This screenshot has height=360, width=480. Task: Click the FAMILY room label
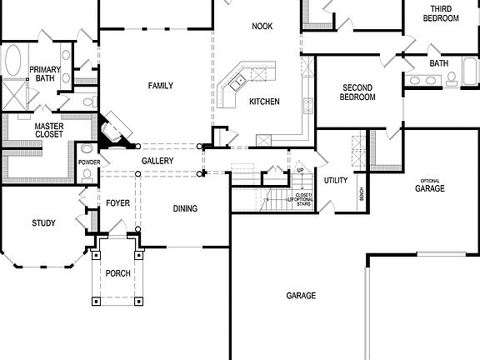(x=161, y=86)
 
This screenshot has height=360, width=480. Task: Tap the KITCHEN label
(x=263, y=102)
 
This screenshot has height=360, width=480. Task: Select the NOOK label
(x=262, y=27)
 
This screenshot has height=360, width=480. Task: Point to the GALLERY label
(x=157, y=160)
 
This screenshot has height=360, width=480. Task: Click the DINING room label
(x=185, y=208)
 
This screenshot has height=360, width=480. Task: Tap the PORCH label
(x=117, y=273)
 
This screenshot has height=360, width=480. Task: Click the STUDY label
(x=43, y=222)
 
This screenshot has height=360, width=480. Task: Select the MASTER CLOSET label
(x=49, y=130)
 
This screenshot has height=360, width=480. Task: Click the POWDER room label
(x=89, y=162)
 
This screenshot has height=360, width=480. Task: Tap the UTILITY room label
(x=336, y=180)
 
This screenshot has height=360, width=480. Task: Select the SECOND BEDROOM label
(x=358, y=92)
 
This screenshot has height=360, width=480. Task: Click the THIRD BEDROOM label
(x=440, y=13)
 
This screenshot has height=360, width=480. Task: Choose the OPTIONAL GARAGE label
(x=430, y=187)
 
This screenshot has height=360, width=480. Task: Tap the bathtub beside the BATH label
(x=469, y=77)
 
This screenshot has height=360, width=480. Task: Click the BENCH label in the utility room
(x=361, y=193)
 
